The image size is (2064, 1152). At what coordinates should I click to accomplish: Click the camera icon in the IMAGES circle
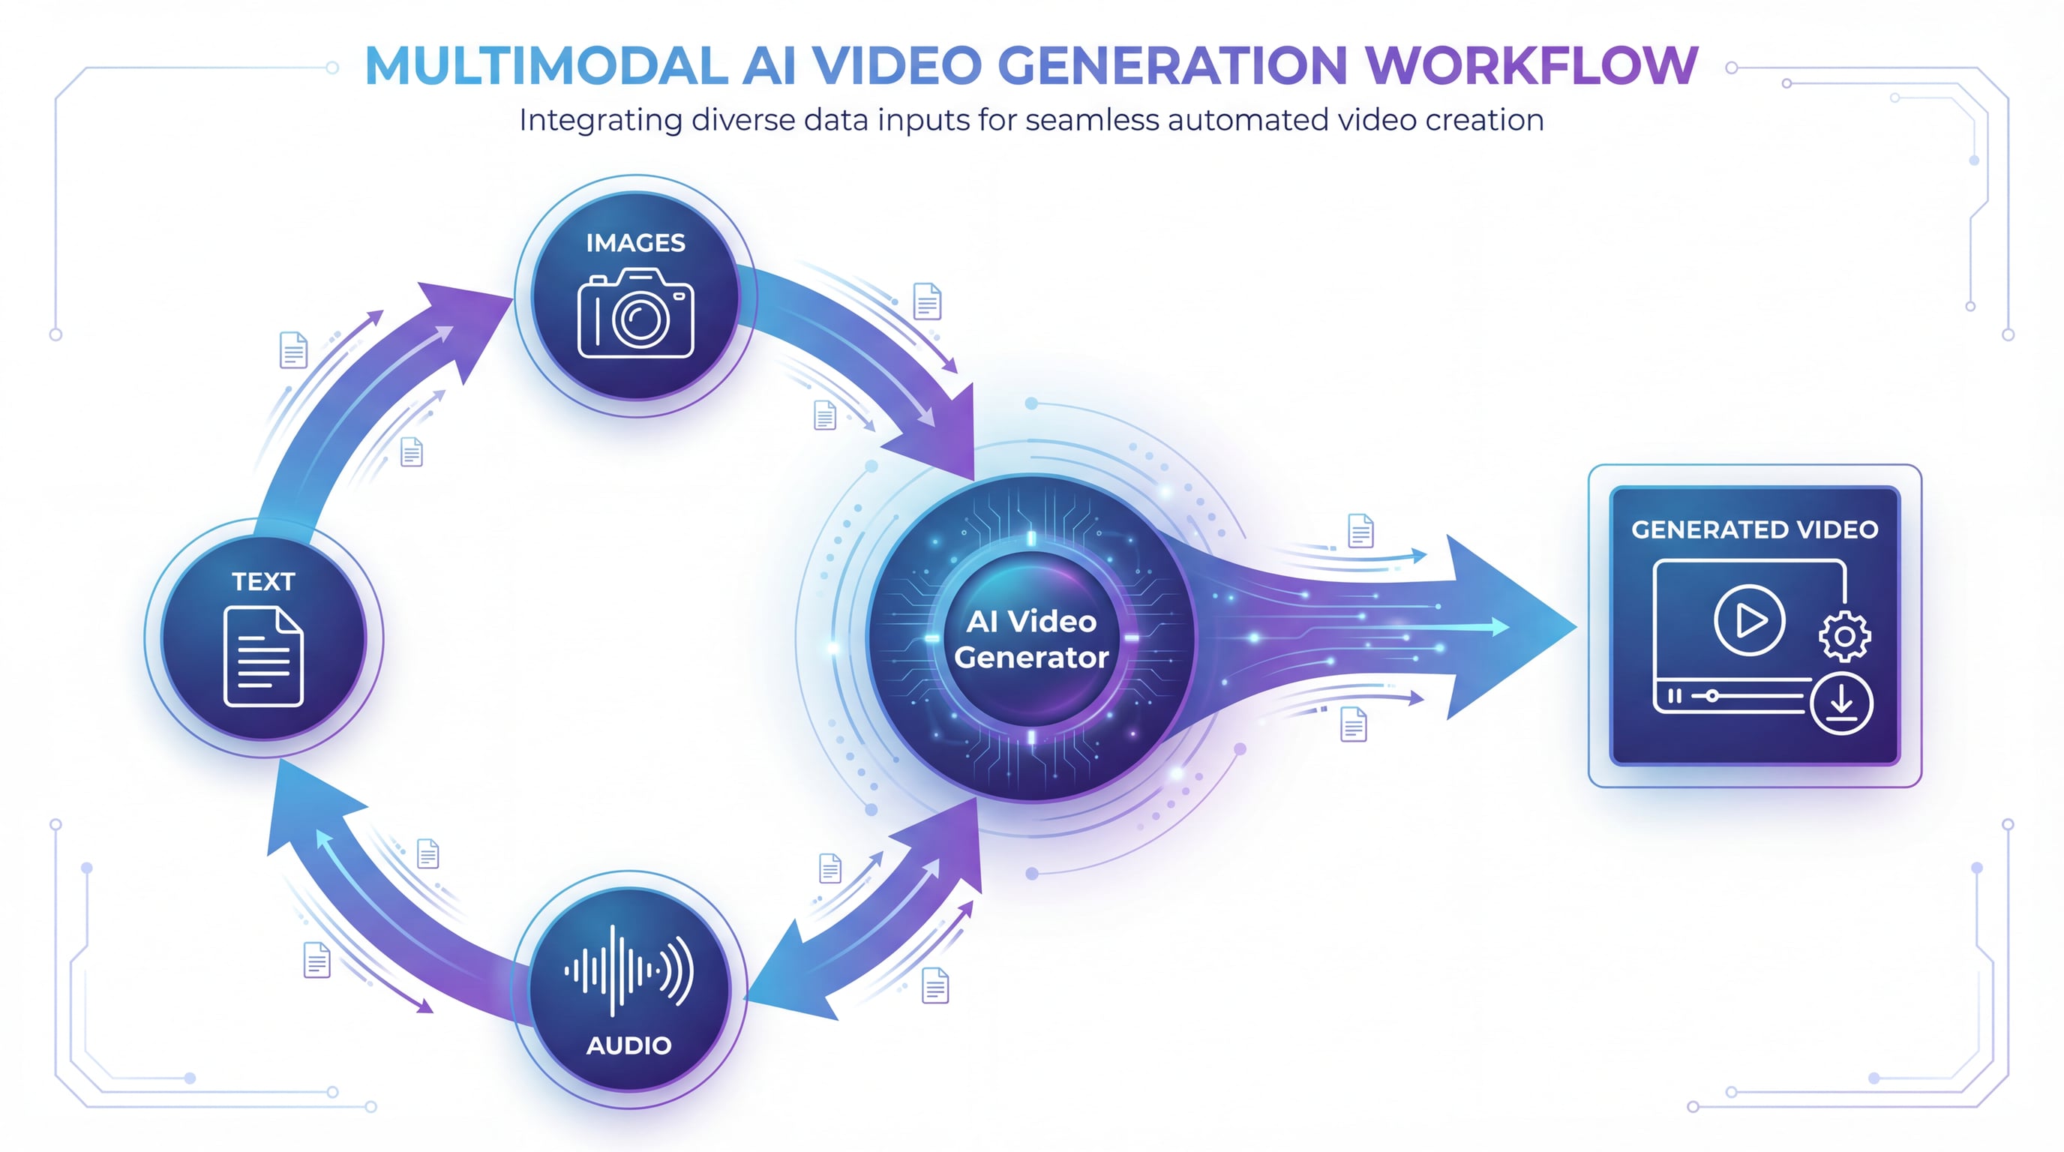[635, 313]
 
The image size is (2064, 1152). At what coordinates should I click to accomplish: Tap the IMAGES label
[635, 243]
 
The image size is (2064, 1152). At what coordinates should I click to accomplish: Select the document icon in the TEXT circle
[263, 657]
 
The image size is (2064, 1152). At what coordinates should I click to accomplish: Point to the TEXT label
[263, 581]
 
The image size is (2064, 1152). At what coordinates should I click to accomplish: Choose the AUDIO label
[629, 1045]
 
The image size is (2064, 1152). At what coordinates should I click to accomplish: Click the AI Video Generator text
[1031, 639]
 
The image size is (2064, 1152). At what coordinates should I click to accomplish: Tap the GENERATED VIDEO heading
[1755, 529]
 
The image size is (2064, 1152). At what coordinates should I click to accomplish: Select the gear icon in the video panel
[1845, 636]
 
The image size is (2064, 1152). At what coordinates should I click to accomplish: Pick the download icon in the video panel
[1841, 704]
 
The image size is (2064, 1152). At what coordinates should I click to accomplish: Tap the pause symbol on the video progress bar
[1675, 696]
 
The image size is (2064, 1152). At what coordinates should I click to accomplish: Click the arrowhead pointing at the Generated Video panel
[1510, 627]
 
